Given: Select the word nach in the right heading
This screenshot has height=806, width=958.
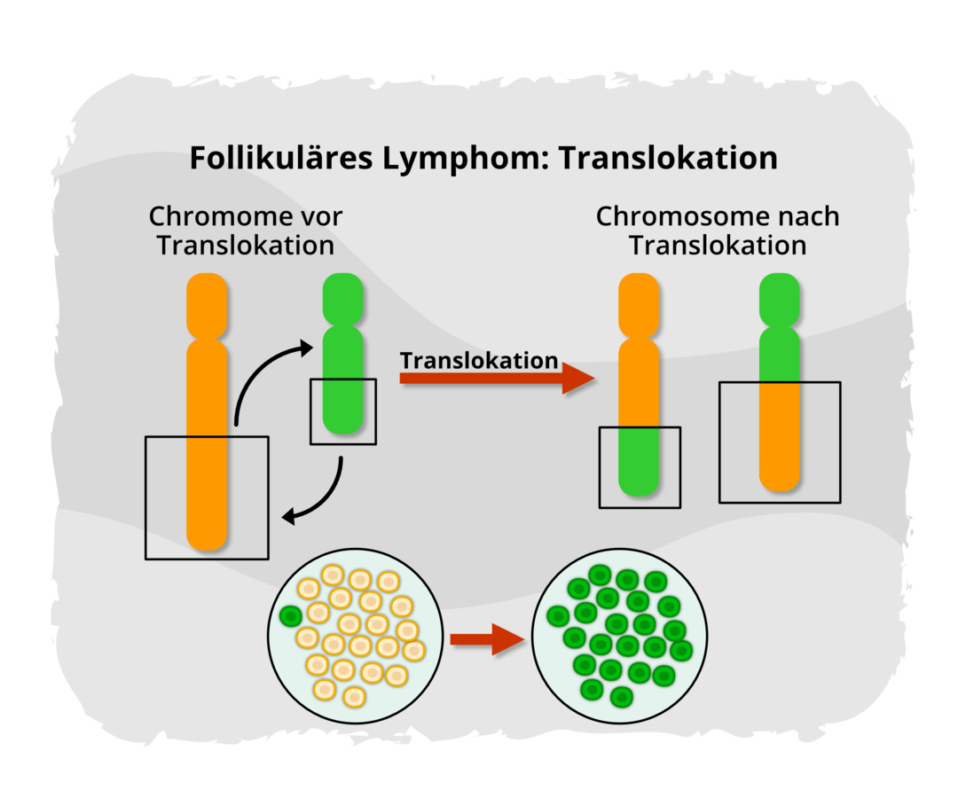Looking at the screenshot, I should [x=809, y=216].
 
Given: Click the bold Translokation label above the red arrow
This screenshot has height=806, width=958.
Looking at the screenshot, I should [x=479, y=361].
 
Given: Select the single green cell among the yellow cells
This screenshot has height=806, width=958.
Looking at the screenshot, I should [x=290, y=615].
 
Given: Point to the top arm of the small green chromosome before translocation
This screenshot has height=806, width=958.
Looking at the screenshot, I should [x=343, y=298].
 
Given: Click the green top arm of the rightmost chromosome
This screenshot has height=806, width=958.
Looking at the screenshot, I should [x=781, y=298].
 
